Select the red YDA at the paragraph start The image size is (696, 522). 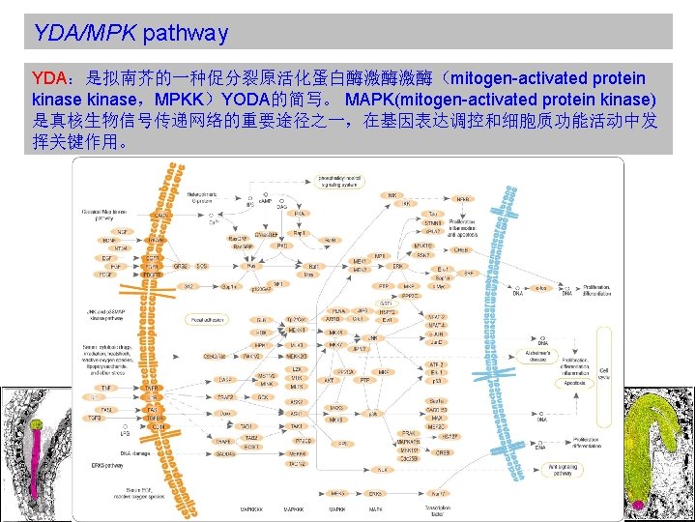coord(48,77)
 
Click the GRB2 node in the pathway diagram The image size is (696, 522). coord(180,265)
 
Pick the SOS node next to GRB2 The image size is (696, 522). coord(202,265)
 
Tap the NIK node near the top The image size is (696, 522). coord(391,194)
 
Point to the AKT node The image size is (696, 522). coord(330,380)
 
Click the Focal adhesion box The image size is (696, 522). coord(209,318)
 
